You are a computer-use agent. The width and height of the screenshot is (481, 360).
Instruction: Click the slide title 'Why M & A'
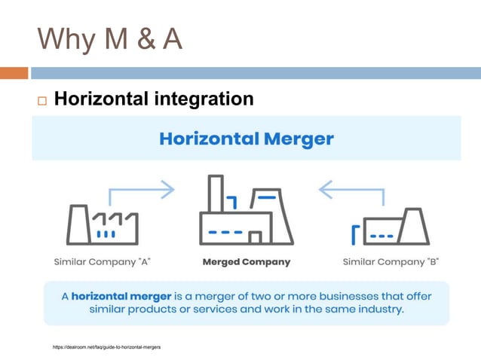pos(110,40)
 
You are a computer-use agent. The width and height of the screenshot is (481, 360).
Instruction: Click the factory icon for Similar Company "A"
pos(103,224)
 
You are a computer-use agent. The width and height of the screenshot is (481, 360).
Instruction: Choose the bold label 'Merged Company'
pos(247,262)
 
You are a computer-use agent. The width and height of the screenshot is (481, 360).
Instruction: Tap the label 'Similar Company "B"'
pos(391,262)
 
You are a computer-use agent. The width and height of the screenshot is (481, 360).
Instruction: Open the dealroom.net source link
pos(106,347)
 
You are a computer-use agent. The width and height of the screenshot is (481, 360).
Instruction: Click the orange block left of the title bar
pos(14,73)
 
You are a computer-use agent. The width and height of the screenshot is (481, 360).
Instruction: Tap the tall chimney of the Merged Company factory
pos(215,194)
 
